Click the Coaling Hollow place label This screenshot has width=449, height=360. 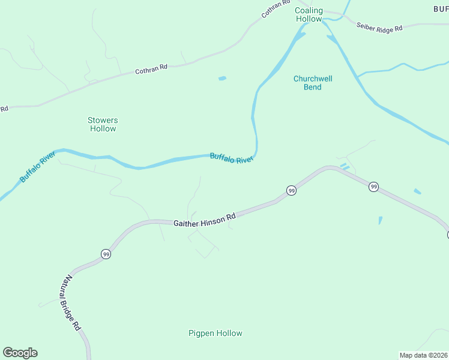tap(309, 15)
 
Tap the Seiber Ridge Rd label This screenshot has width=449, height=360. tap(379, 26)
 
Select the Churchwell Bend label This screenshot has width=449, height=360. tap(313, 83)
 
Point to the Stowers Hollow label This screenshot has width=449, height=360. tap(103, 124)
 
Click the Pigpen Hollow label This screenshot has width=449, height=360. tap(215, 334)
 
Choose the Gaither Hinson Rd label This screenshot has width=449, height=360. tap(205, 222)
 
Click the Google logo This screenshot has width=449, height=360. tap(20, 353)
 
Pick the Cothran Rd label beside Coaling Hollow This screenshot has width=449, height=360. tap(276, 8)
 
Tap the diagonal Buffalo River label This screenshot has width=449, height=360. tap(37, 167)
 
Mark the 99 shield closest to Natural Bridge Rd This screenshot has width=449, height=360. tap(106, 254)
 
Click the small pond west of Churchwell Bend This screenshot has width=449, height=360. tap(223, 78)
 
